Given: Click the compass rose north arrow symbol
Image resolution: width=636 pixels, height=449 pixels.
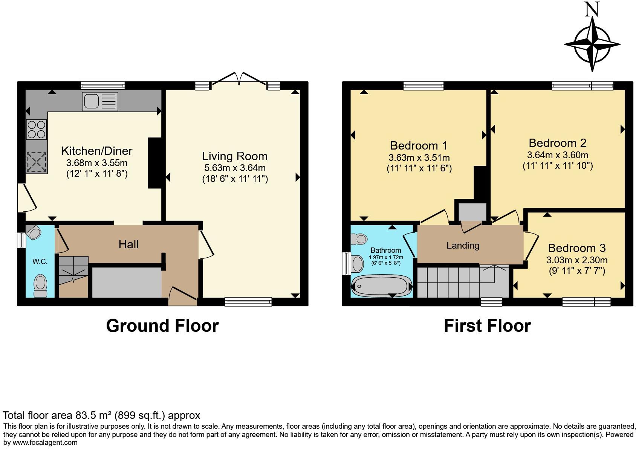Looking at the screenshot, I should click(x=592, y=41).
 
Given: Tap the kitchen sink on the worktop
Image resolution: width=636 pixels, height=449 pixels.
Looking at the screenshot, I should click(x=100, y=101).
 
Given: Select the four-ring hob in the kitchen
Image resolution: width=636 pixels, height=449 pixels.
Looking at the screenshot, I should click(x=36, y=129).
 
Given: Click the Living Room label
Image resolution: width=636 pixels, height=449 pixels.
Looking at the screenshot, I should click(x=235, y=156).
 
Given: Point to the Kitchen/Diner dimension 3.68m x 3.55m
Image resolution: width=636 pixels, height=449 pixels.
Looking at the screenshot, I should click(x=97, y=163).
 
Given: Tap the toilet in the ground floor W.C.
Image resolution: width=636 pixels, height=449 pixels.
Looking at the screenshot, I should click(x=40, y=286).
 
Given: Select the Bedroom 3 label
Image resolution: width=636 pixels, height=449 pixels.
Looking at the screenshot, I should click(x=576, y=248).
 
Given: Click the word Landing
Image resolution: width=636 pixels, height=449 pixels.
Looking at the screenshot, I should click(x=463, y=246).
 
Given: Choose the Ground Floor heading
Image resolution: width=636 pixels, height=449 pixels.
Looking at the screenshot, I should click(x=162, y=326).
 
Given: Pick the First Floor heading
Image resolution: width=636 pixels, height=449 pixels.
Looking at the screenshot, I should click(x=487, y=326).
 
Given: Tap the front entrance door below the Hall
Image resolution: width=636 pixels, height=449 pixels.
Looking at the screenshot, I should click(x=182, y=296).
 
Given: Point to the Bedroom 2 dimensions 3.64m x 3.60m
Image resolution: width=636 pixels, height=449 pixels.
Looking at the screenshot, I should click(x=557, y=155).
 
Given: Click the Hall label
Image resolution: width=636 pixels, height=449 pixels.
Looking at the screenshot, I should click(x=128, y=244).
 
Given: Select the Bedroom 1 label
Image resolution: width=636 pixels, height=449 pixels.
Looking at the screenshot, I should click(x=419, y=145).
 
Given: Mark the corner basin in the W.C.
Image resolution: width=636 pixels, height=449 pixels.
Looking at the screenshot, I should click(x=34, y=232).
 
